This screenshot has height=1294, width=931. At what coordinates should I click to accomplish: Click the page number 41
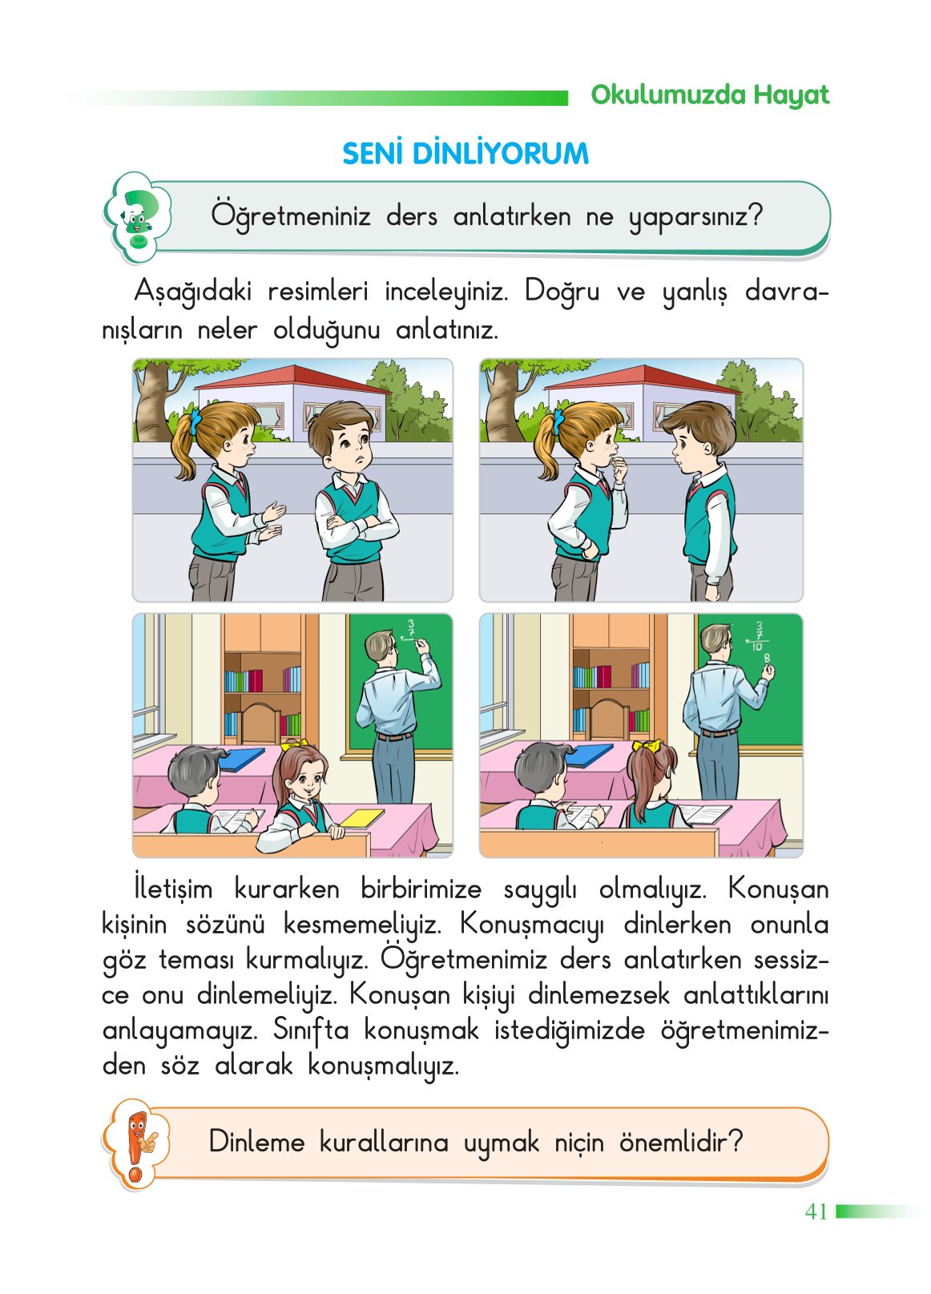[x=816, y=1211]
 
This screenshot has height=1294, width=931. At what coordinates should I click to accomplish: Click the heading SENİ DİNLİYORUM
[x=465, y=153]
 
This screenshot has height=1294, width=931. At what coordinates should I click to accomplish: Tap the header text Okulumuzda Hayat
[x=709, y=95]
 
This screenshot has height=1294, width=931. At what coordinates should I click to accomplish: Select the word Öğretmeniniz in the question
[x=290, y=216]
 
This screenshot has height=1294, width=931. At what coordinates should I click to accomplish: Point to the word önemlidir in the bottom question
[x=680, y=1141]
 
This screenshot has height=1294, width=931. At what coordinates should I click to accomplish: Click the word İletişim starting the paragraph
[x=174, y=889]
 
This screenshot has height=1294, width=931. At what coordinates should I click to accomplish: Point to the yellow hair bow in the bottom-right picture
[x=647, y=747]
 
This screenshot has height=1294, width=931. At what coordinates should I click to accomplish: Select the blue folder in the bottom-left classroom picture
[x=241, y=757]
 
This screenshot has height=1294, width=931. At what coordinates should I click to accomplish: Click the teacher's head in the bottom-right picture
[x=714, y=640]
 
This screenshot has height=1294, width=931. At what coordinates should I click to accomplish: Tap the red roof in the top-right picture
[x=641, y=377]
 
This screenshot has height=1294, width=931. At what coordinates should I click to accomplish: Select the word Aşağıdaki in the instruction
[x=192, y=291]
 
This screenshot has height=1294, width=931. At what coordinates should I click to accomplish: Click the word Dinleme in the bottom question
[x=256, y=1141]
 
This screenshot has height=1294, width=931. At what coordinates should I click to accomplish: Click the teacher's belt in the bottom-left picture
[x=394, y=736]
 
